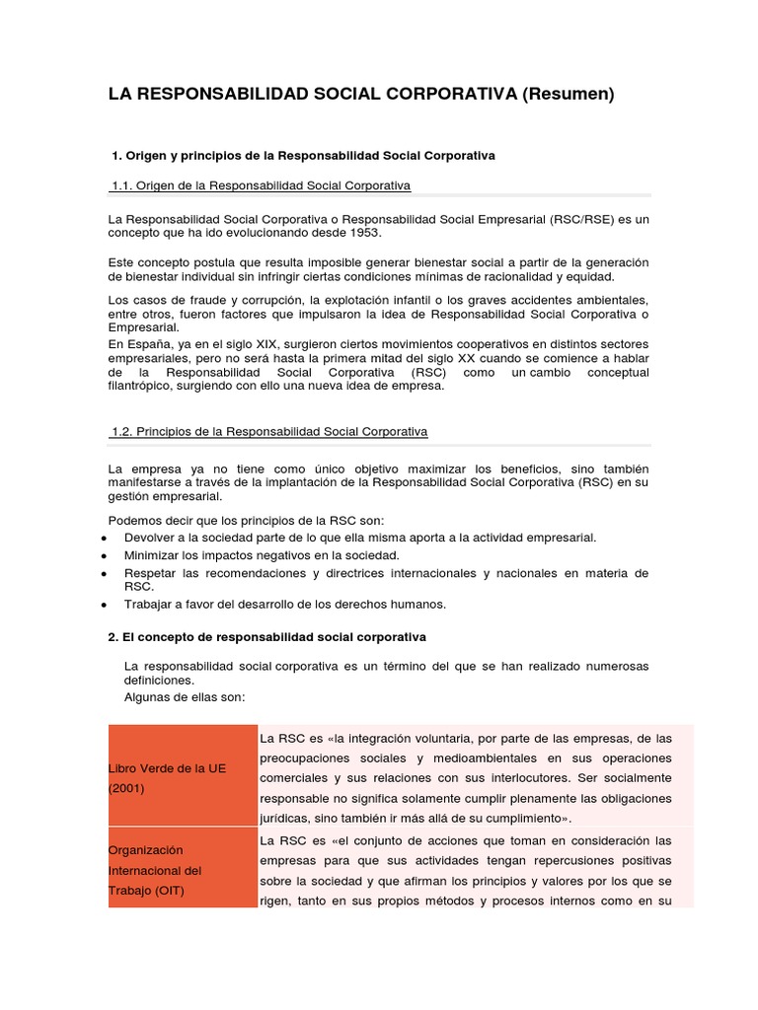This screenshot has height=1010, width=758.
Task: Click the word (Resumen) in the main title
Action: pyautogui.click(x=568, y=94)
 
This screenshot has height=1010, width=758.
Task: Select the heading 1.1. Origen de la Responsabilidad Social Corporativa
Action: pyautogui.click(x=261, y=185)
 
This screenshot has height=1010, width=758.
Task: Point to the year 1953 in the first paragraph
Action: pyautogui.click(x=362, y=233)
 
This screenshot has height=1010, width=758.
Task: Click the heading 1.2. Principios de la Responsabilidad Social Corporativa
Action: pyautogui.click(x=269, y=432)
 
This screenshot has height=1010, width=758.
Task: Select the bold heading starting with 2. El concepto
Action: pyautogui.click(x=266, y=637)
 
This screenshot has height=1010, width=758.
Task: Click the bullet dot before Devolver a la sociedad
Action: pyautogui.click(x=104, y=539)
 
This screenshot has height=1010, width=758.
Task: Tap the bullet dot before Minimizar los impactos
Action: pyautogui.click(x=104, y=556)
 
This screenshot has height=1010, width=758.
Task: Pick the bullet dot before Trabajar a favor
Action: pyautogui.click(x=104, y=605)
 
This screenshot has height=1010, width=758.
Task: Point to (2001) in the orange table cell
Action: pyautogui.click(x=126, y=788)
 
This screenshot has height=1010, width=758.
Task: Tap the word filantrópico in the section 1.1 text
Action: pyautogui.click(x=145, y=386)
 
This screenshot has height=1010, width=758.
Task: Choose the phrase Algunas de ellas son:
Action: pyautogui.click(x=184, y=696)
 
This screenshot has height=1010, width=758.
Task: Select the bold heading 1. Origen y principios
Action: pyautogui.click(x=303, y=156)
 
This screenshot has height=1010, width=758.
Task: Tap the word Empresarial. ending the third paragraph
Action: pyautogui.click(x=144, y=327)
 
